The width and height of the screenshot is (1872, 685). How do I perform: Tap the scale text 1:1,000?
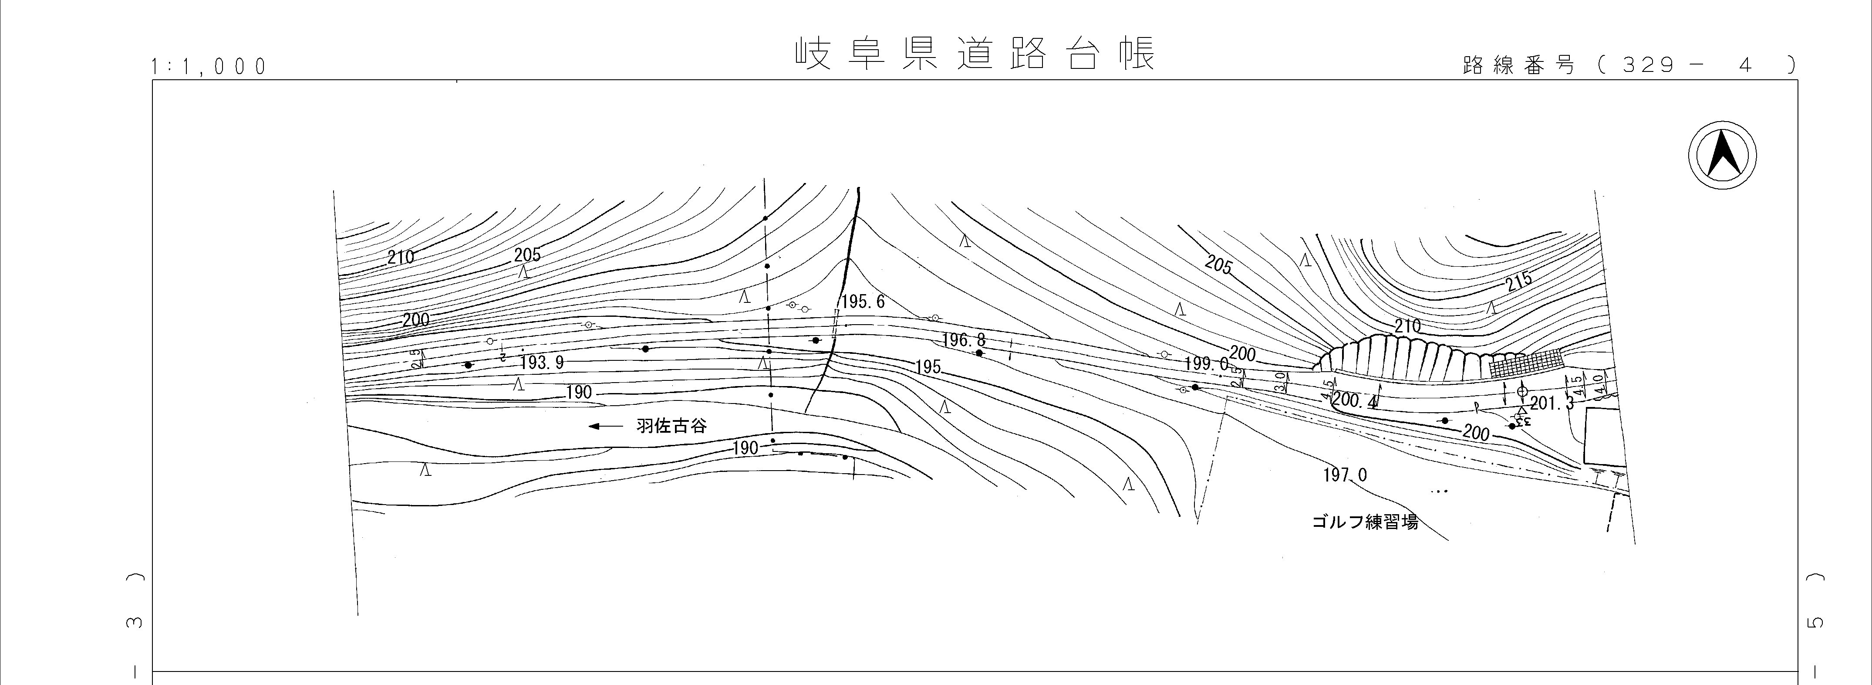click(209, 67)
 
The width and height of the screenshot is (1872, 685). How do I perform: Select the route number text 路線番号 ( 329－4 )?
click(1628, 65)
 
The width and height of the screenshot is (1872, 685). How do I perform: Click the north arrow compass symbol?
click(1722, 156)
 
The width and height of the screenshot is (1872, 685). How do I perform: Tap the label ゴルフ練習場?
click(1365, 522)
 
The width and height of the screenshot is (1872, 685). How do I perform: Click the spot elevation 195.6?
click(863, 302)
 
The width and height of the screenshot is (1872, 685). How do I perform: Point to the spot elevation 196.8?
click(964, 340)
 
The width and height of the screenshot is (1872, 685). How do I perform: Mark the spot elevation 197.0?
click(1344, 475)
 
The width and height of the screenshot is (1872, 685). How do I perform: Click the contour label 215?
click(1519, 281)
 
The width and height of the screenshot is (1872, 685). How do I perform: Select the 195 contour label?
click(928, 367)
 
